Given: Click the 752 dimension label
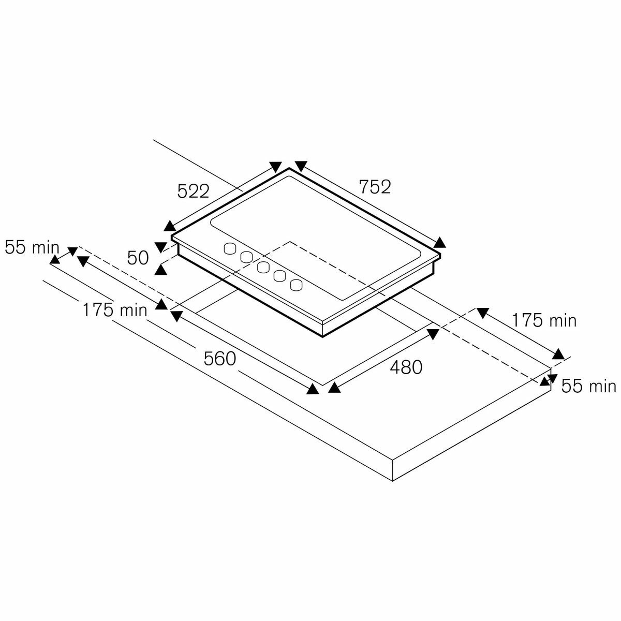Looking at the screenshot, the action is (375, 187).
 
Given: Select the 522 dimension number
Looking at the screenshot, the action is (194, 191).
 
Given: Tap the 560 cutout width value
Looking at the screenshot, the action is (220, 359).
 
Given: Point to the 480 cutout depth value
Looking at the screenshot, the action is (406, 367).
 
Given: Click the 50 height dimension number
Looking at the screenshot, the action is (138, 258).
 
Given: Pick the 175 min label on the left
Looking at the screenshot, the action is (115, 310).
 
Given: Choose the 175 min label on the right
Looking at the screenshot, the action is (544, 321).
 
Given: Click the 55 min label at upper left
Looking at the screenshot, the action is (32, 248).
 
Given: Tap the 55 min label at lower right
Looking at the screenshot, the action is (589, 386).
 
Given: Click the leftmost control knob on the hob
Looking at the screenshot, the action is (230, 248).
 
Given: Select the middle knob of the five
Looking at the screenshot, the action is (263, 267).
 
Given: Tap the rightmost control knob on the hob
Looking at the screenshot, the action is (297, 285).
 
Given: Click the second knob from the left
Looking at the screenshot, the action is (246, 257).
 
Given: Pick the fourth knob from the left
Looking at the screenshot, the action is (280, 276).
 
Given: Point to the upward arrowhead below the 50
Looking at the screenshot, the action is (160, 270).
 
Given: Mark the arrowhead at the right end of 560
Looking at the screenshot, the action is (312, 389).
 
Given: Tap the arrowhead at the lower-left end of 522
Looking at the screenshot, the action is (169, 226).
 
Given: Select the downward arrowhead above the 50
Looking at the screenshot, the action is (160, 247).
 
